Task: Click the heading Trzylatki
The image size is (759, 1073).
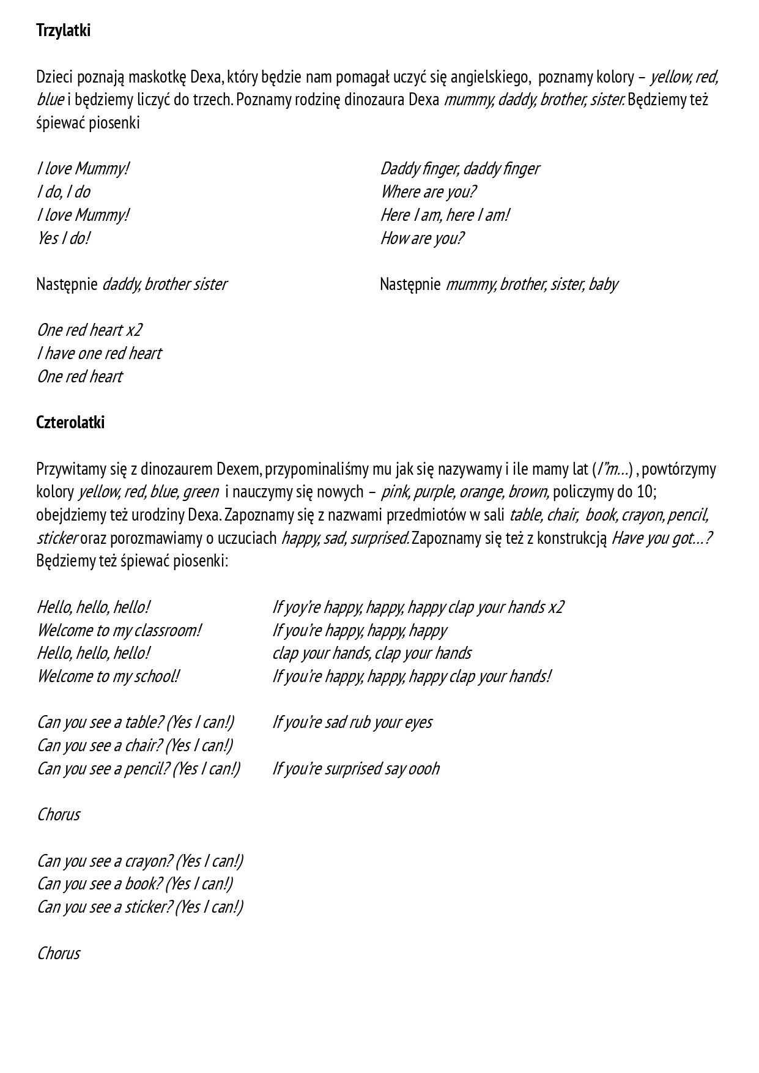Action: pyautogui.click(x=63, y=31)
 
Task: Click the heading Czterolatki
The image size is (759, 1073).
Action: pyautogui.click(x=70, y=423)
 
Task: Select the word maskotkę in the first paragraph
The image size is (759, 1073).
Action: pyautogui.click(x=157, y=77)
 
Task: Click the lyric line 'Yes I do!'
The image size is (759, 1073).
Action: pyautogui.click(x=64, y=238)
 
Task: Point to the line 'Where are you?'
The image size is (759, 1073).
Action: pyautogui.click(x=428, y=192)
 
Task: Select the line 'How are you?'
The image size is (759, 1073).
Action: pyautogui.click(x=422, y=238)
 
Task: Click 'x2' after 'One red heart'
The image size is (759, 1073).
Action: pyautogui.click(x=134, y=330)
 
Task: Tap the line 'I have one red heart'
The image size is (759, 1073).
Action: pyautogui.click(x=99, y=354)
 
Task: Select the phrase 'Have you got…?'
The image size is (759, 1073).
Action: pyautogui.click(x=662, y=538)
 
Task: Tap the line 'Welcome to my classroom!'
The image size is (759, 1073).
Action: pyautogui.click(x=119, y=631)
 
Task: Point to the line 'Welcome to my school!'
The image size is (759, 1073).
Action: pyautogui.click(x=108, y=677)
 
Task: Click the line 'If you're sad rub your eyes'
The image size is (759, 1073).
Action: pyautogui.click(x=352, y=722)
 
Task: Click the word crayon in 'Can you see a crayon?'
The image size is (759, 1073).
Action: pyautogui.click(x=146, y=861)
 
